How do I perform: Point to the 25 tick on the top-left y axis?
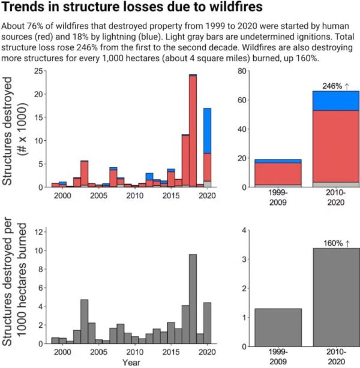pyautogui.click(x=37, y=71)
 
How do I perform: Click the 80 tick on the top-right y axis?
pyautogui.click(x=242, y=71)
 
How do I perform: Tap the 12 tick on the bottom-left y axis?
pyautogui.click(x=37, y=231)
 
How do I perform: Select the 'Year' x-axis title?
pyautogui.click(x=131, y=363)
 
